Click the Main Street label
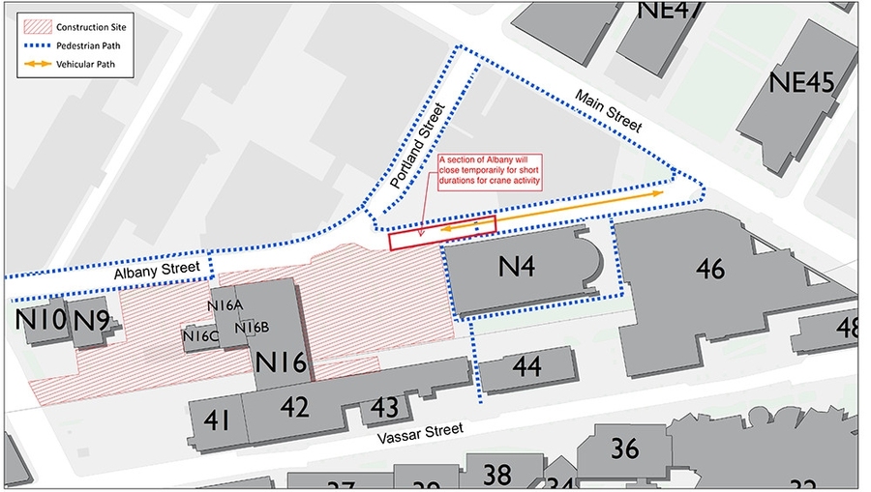click(608, 111)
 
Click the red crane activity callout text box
click(490, 170)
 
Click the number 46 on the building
click(710, 269)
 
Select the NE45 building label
click(801, 82)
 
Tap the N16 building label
click(281, 363)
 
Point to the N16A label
click(225, 305)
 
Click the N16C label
click(201, 335)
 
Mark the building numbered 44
click(526, 366)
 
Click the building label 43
click(384, 408)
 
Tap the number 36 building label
click(626, 449)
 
